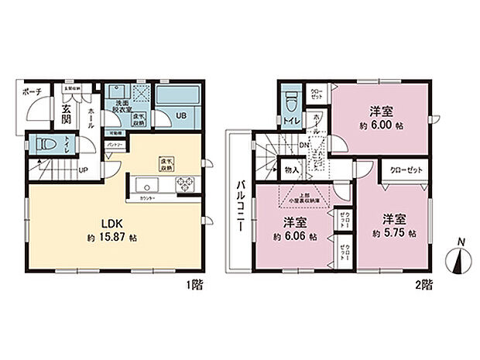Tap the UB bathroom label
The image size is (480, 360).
(x=180, y=115)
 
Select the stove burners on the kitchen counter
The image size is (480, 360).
(x=186, y=184)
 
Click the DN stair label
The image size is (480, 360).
(x=305, y=144)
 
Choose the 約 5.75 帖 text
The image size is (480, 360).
(x=393, y=233)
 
